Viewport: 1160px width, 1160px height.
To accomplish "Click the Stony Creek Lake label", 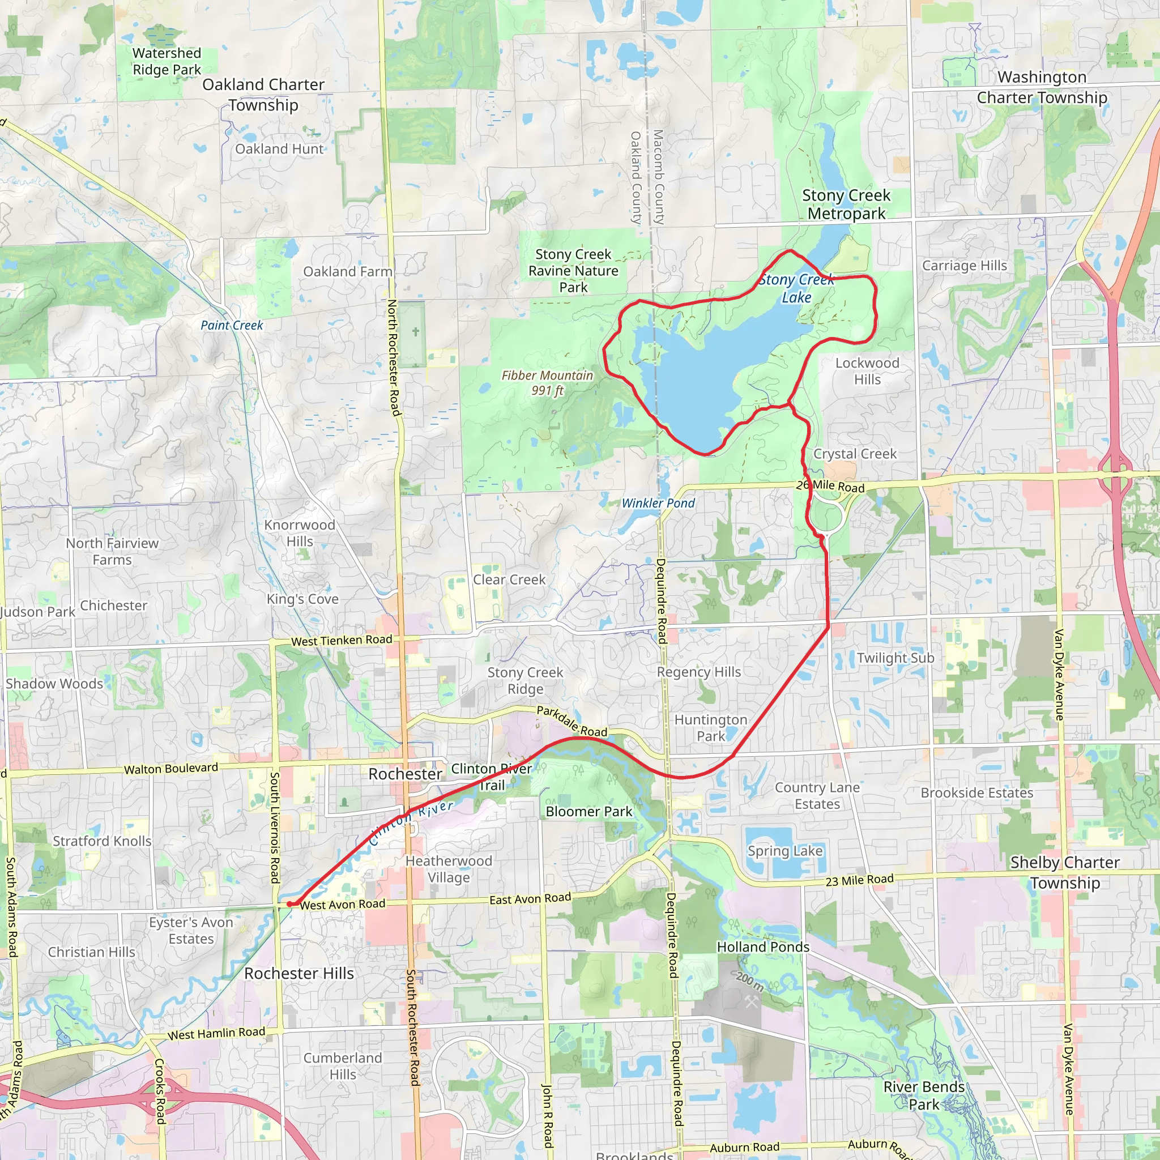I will click(796, 288).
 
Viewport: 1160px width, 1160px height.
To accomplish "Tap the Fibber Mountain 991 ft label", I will click(547, 383).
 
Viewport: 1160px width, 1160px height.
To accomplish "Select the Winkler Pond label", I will click(658, 503).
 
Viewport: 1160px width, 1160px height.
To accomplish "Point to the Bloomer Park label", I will click(588, 812).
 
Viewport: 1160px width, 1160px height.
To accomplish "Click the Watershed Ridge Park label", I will click(167, 61).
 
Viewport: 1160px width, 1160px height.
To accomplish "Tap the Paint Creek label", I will click(232, 326).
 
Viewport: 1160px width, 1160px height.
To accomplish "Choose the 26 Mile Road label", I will click(830, 487).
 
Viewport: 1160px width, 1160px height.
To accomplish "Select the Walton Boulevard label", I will click(171, 769).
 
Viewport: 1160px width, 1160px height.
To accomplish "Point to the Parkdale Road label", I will click(572, 721).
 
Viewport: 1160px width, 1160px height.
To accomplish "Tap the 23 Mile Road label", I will click(859, 881).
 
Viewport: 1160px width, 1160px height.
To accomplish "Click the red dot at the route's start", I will click(289, 903).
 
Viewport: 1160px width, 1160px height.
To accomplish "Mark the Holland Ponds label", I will click(763, 947).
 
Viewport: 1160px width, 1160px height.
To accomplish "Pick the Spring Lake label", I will click(784, 851).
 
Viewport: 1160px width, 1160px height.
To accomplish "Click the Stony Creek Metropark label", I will click(846, 204).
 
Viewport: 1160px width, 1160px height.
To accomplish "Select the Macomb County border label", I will click(659, 177).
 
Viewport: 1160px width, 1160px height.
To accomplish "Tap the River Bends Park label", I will click(923, 1096).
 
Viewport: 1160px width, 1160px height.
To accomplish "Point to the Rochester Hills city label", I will click(299, 973).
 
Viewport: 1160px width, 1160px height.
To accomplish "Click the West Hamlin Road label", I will click(216, 1034).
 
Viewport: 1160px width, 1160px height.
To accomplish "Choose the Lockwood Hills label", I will click(867, 371).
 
